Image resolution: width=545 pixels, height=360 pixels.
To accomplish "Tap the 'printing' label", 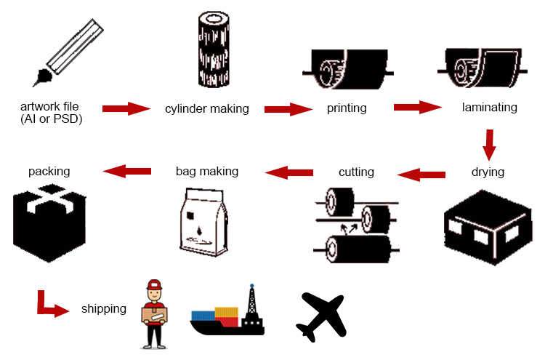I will [x=347, y=108].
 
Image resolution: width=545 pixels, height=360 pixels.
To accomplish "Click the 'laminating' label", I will [x=489, y=108].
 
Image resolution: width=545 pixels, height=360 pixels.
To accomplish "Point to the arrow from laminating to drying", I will [x=489, y=144].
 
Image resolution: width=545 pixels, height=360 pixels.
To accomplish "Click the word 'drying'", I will [x=488, y=172].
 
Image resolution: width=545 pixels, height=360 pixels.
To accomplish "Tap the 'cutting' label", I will [x=356, y=172].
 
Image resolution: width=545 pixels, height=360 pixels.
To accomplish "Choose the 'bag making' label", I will [x=207, y=172].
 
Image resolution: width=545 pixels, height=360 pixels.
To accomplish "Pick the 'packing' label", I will [x=49, y=172].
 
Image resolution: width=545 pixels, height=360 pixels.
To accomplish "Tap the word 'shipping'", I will [x=103, y=309].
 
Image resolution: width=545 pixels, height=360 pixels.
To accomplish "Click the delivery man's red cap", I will [x=153, y=284].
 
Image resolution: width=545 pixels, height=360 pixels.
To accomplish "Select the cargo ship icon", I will [x=227, y=314].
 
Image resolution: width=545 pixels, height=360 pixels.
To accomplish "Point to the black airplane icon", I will [x=320, y=316].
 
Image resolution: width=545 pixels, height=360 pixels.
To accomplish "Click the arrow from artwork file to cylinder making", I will [x=125, y=109].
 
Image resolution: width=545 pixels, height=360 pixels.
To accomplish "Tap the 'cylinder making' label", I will [x=207, y=109].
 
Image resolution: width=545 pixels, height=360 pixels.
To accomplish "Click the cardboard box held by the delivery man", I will [x=155, y=314].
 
